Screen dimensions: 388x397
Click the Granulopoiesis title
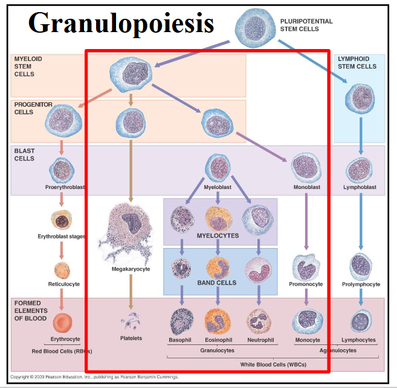click(x=121, y=22)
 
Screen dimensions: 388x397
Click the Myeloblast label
click(x=218, y=188)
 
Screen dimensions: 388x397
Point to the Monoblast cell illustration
click(x=306, y=166)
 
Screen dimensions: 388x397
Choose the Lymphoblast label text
click(x=361, y=188)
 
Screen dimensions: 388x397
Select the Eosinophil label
click(x=218, y=340)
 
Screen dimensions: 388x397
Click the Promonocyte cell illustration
click(x=306, y=265)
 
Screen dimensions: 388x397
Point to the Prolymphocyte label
click(x=361, y=284)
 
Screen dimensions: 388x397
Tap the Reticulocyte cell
click(x=62, y=269)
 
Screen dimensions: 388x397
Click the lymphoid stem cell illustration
click(x=361, y=97)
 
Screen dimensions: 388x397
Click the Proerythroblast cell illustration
click(x=62, y=169)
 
